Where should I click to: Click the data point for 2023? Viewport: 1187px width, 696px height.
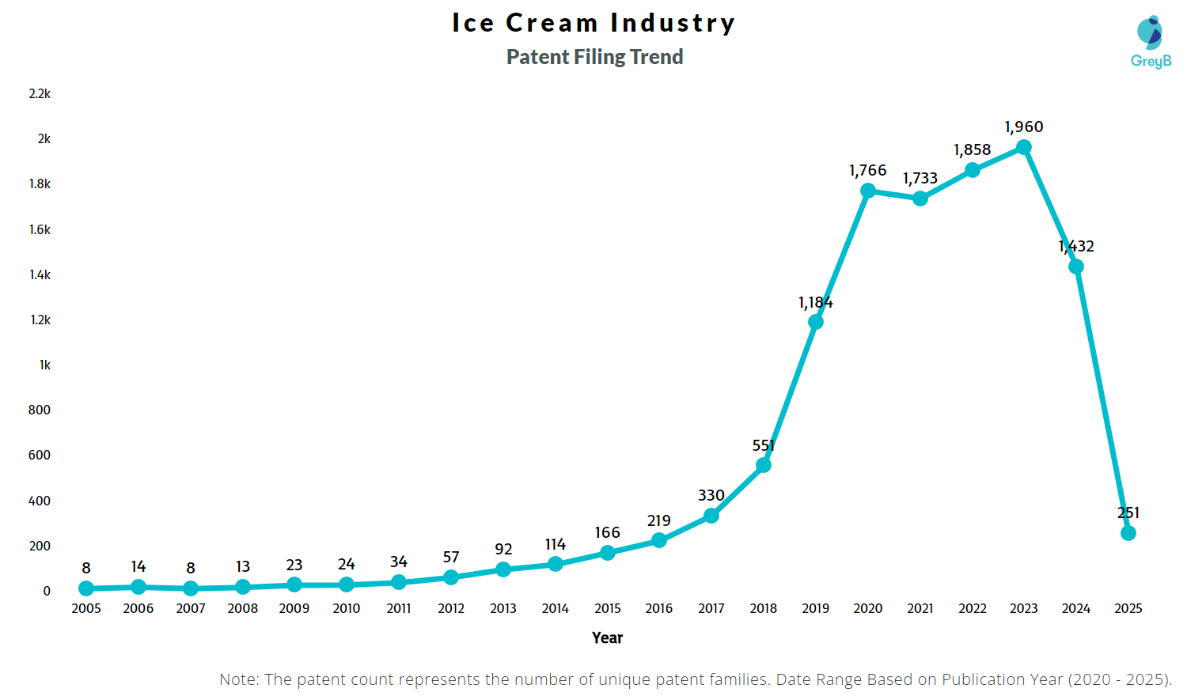click(x=1024, y=147)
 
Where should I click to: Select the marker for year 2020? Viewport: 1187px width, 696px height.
click(x=868, y=191)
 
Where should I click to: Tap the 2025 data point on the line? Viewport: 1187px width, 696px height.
click(x=1128, y=533)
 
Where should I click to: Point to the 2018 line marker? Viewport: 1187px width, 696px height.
click(x=764, y=465)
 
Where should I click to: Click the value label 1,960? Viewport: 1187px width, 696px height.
click(x=1024, y=127)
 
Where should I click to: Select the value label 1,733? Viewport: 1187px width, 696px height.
click(x=920, y=178)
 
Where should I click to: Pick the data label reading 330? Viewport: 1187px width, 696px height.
click(x=711, y=495)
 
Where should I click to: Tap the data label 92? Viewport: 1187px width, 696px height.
click(x=503, y=549)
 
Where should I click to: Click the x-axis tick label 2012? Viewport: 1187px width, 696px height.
click(x=451, y=608)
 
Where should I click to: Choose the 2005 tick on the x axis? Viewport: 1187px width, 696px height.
click(x=86, y=608)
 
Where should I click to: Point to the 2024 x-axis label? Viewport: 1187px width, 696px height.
click(x=1076, y=608)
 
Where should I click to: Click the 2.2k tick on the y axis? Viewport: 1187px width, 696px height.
click(x=40, y=93)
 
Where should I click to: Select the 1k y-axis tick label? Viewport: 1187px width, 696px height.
click(x=45, y=365)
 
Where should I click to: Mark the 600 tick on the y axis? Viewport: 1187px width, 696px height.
click(x=40, y=455)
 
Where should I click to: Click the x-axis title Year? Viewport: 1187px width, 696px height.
click(x=607, y=637)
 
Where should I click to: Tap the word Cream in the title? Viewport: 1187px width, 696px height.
click(x=552, y=23)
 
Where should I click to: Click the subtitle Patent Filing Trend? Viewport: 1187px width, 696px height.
click(x=594, y=57)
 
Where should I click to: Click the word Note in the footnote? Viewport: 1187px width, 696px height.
click(x=237, y=679)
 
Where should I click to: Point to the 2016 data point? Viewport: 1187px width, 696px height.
click(x=659, y=540)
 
